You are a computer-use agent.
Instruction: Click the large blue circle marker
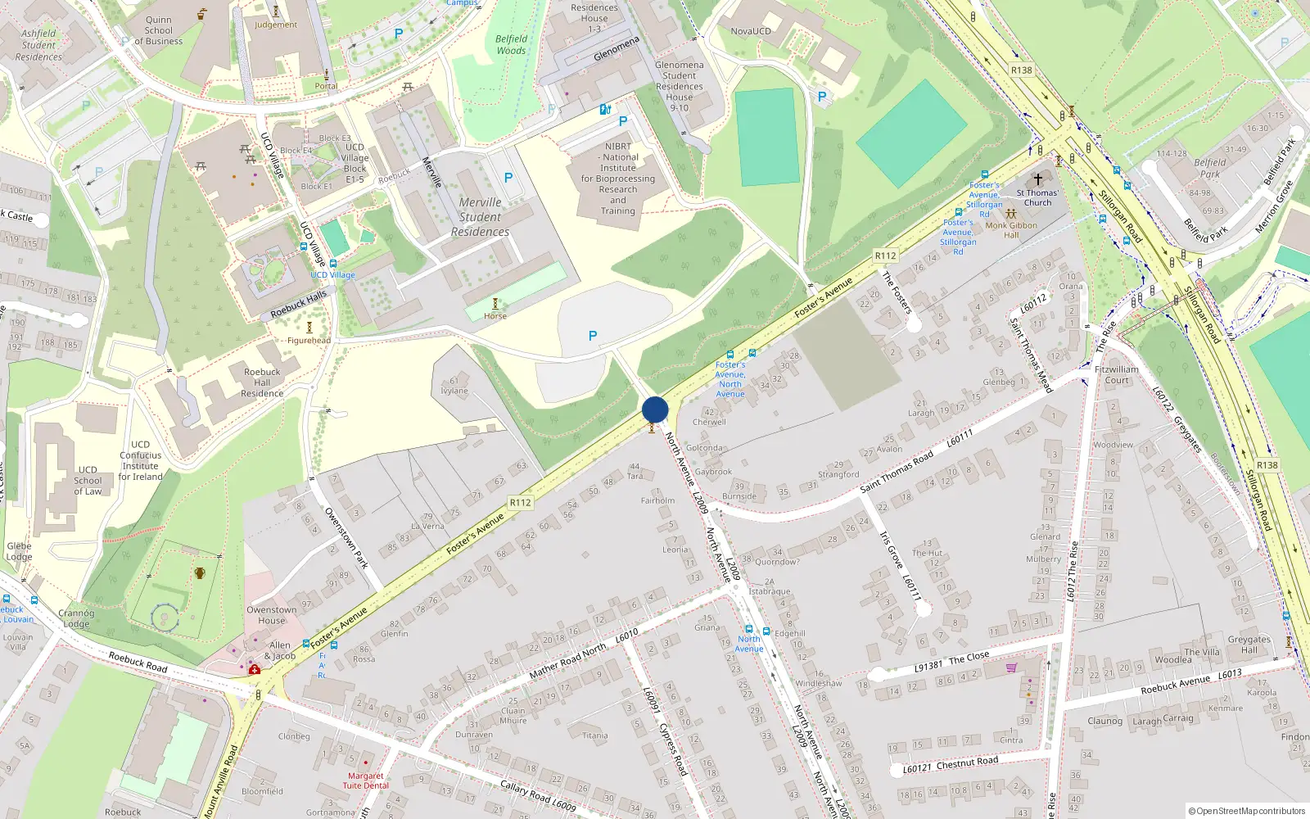655,409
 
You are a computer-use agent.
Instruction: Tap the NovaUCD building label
750,31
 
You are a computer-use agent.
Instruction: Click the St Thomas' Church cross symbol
1038,179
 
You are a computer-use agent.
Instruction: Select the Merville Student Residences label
480,217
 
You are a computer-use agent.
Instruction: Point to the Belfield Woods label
511,44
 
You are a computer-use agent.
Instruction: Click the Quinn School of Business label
159,31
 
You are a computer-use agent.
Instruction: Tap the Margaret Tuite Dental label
365,781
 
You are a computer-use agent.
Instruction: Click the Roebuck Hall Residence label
262,382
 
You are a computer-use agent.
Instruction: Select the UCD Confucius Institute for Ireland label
141,461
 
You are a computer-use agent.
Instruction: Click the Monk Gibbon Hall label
1011,229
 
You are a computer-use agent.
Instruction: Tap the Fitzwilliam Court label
1117,374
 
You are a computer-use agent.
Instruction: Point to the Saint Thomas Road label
897,471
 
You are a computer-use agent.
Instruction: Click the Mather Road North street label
567,660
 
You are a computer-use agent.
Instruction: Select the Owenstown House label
272,615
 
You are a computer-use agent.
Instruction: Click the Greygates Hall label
1249,645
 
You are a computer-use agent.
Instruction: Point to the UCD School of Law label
88,481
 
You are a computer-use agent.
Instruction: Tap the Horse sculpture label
495,316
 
